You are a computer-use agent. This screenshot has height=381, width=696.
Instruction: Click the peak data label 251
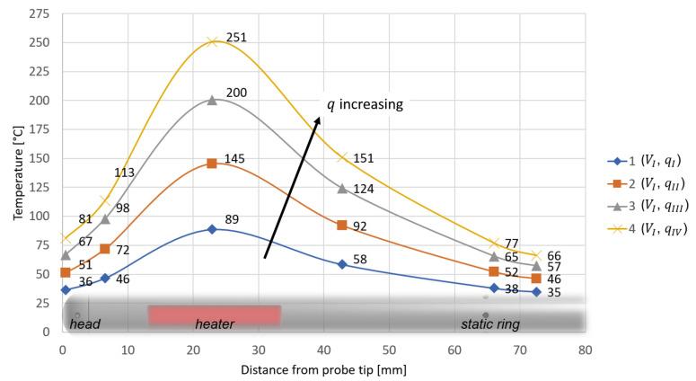click(236, 38)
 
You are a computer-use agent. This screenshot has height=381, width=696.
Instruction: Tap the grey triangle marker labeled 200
click(212, 100)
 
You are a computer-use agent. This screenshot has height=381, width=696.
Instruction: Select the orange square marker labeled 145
click(212, 164)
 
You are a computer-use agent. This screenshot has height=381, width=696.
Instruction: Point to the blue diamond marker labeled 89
click(212, 229)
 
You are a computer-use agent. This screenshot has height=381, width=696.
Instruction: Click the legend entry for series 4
click(645, 230)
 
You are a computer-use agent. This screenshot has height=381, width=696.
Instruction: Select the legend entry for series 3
click(644, 207)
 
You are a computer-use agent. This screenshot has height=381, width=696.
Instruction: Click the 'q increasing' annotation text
click(365, 104)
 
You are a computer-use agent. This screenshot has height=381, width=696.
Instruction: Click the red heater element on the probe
click(214, 315)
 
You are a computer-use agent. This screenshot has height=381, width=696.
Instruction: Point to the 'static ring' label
click(489, 323)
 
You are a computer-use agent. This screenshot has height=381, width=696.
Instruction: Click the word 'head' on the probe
click(85, 323)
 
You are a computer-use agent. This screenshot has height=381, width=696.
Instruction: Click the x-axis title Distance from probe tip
click(323, 369)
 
